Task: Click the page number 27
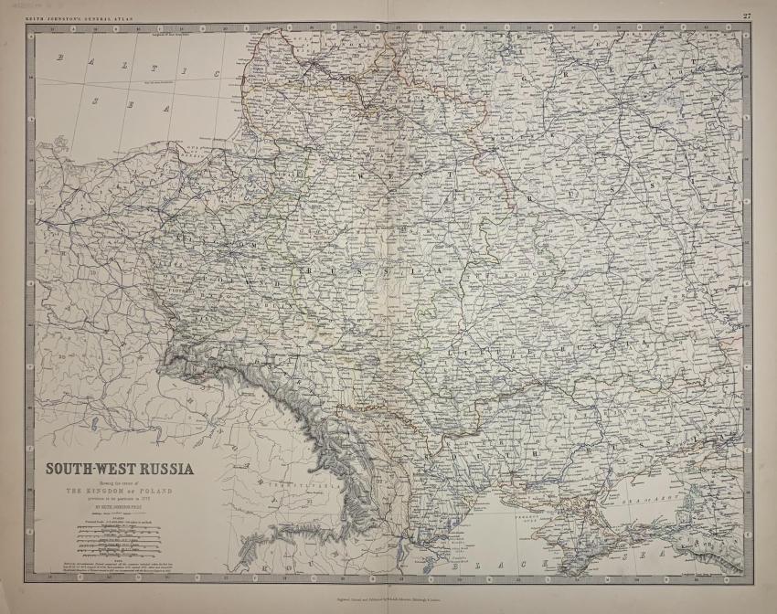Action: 747,16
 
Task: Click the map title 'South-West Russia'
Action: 120,470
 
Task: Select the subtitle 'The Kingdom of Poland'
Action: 120,491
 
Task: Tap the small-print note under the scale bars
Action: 120,559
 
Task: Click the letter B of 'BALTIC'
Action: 60,58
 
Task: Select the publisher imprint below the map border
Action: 388,593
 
